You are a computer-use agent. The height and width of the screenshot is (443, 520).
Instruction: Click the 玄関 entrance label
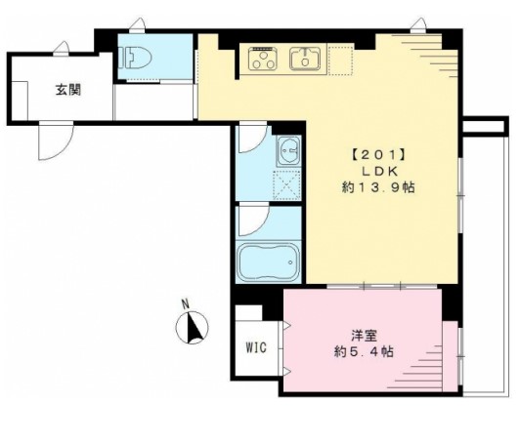pos(68,90)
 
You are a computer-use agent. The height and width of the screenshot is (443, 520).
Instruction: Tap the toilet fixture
pos(137,58)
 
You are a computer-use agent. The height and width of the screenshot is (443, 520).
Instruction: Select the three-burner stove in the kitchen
pos(263,59)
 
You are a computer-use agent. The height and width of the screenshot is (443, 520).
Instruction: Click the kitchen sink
pos(305,59)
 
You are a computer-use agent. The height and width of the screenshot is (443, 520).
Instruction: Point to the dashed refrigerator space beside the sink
pos(340,60)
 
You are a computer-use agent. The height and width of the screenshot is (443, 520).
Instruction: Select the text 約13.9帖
pos(378,187)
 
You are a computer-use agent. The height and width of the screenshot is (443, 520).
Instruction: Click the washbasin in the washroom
pos(289,151)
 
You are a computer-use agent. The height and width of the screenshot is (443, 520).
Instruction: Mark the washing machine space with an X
pos(286,184)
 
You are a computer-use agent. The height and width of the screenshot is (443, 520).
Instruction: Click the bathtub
pos(269,262)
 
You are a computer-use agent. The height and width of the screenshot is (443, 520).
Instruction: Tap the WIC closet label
pos(256,347)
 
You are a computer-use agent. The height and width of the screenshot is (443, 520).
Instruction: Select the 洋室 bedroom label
pos(365,336)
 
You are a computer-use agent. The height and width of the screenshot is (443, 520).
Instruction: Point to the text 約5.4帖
pos(365,351)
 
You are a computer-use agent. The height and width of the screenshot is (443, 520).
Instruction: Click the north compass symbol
pos(192,328)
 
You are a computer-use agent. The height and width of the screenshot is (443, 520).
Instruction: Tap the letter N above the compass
pos(186,303)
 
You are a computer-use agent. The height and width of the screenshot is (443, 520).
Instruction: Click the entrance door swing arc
pos(63,149)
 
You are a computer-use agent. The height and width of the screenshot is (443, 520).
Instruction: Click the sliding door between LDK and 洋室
pos(382,286)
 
